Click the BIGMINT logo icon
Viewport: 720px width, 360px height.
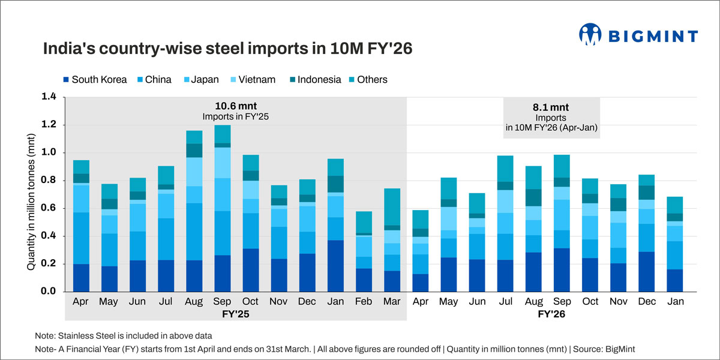pos(590,35)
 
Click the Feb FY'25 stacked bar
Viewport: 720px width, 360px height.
pos(364,251)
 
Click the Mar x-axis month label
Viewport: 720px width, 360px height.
pos(392,301)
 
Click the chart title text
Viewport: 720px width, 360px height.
pos(227,49)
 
